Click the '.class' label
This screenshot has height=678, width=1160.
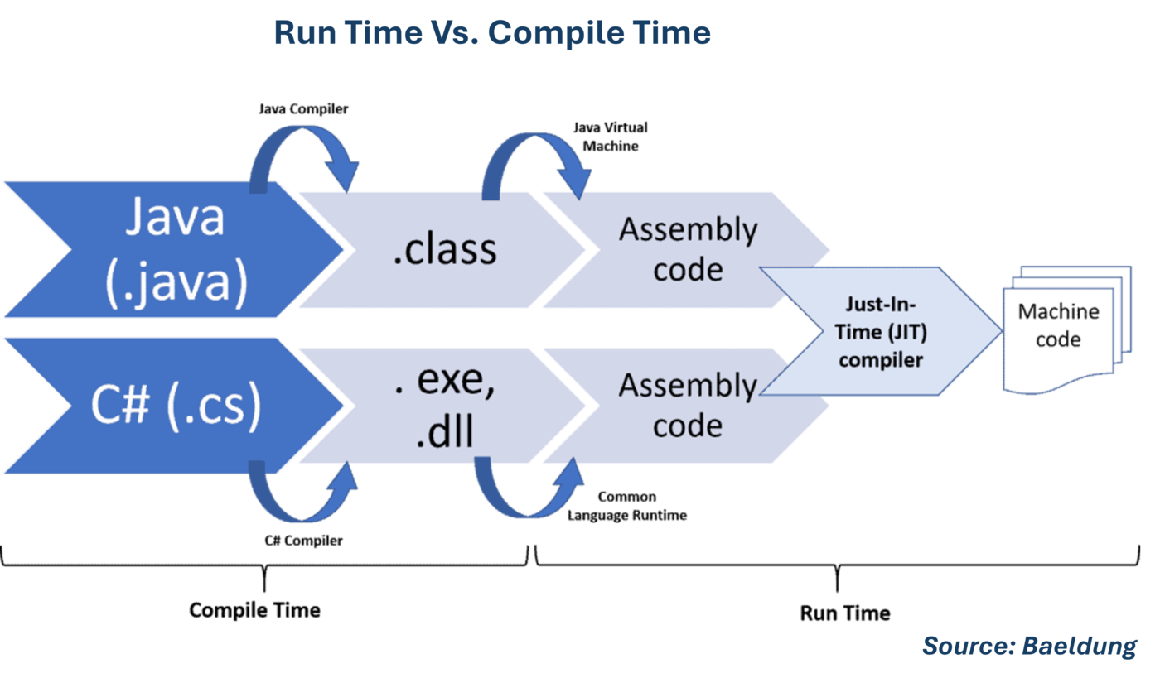click(444, 248)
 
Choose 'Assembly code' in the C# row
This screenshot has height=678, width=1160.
click(688, 406)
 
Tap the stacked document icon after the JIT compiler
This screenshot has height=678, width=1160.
click(1066, 327)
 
